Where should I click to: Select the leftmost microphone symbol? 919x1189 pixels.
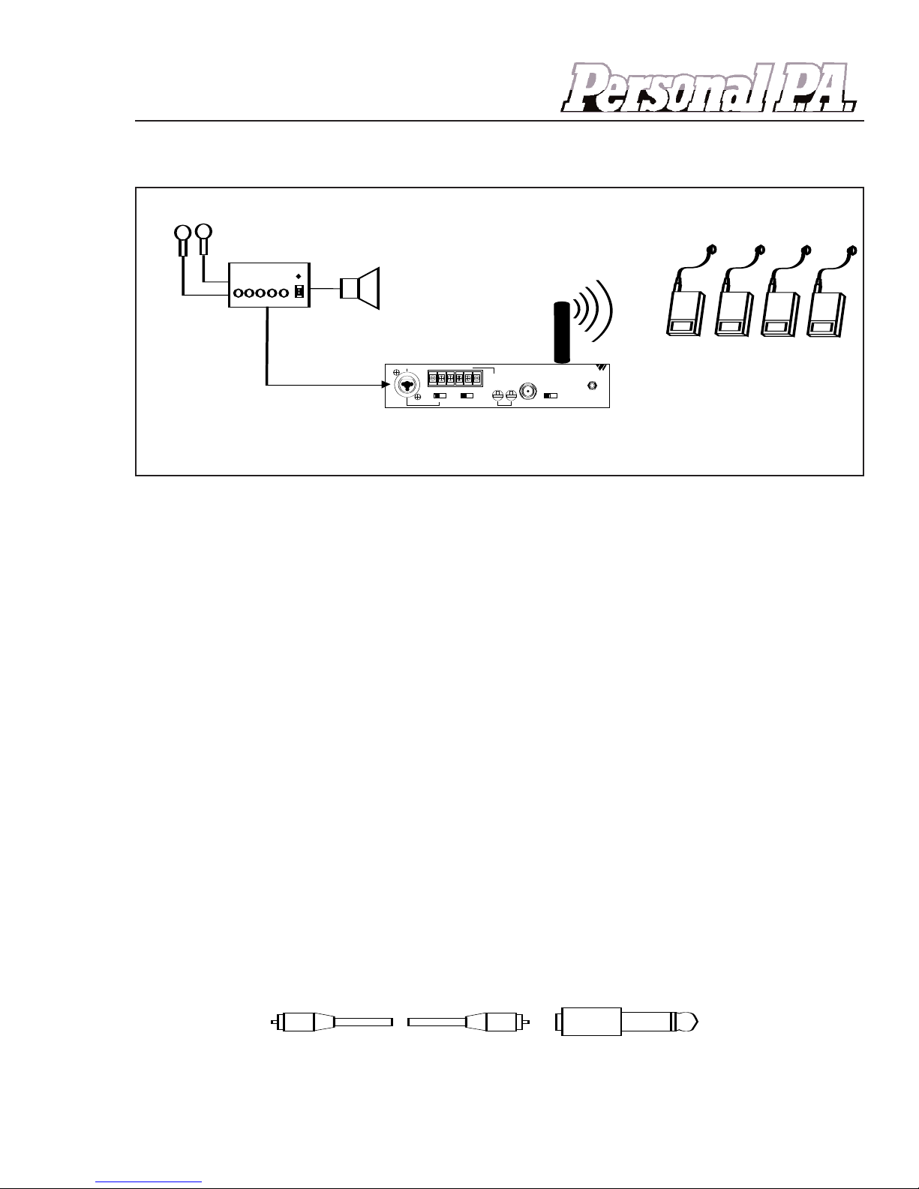point(182,239)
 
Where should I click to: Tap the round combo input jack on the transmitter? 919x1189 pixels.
point(407,386)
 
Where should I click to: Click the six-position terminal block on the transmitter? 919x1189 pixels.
point(454,378)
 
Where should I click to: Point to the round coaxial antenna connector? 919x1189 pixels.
point(529,392)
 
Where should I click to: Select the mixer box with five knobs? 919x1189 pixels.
point(269,286)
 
